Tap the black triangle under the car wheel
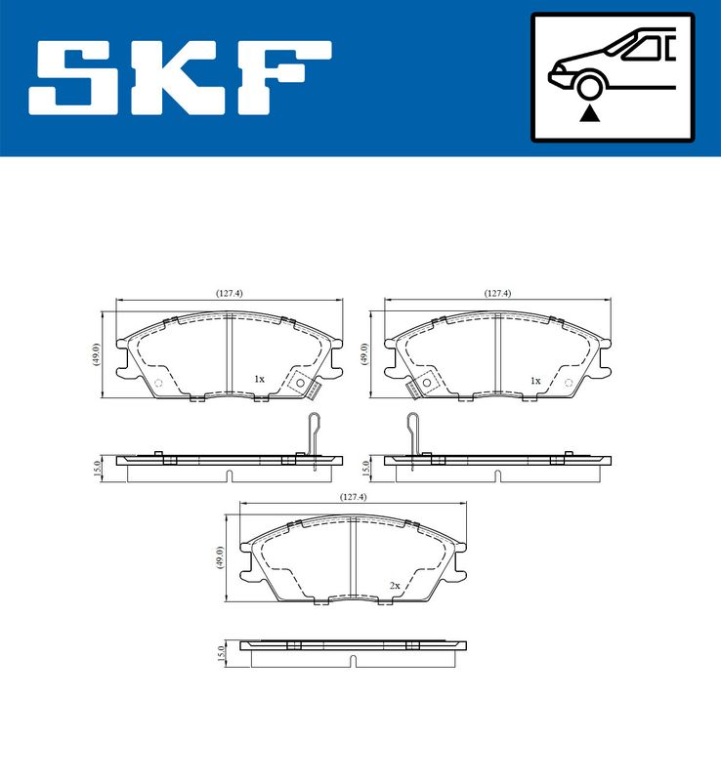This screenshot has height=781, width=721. [588, 114]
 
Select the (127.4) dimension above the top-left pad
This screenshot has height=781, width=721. [229, 292]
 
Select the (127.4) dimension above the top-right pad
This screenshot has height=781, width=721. [497, 292]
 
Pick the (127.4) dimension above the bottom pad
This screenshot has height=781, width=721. [353, 497]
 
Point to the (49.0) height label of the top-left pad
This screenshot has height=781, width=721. [96, 354]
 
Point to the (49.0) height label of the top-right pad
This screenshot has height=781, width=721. [364, 354]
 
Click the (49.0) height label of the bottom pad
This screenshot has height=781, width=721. [220, 557]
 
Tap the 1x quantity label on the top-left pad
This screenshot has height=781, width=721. [259, 379]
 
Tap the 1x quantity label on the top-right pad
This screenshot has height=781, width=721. [534, 379]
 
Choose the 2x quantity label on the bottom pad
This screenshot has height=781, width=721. [395, 585]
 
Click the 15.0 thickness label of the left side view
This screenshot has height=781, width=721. [96, 468]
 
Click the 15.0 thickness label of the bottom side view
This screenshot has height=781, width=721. [220, 652]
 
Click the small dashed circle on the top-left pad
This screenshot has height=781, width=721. [159, 382]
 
